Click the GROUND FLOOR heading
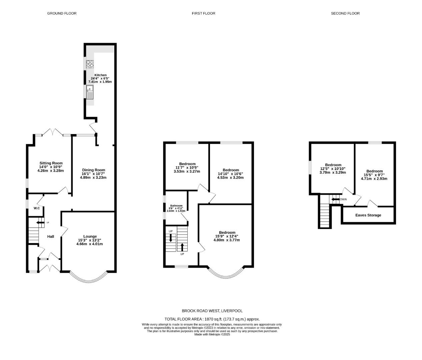(x=62, y=13)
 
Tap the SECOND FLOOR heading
(x=345, y=13)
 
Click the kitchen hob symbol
(x=90, y=64)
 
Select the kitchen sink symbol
(x=90, y=92)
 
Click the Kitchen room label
(x=100, y=75)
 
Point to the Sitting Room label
(x=50, y=163)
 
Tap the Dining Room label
(x=93, y=170)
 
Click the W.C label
(x=37, y=208)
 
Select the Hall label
(x=51, y=237)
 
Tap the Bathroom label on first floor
(x=176, y=206)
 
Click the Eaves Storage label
(x=368, y=215)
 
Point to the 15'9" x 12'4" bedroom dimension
(x=227, y=236)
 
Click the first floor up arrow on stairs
(x=182, y=247)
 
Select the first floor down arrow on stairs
(x=171, y=238)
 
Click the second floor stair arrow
(x=335, y=199)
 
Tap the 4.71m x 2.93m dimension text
(x=374, y=179)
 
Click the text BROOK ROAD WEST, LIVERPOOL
(x=212, y=311)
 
